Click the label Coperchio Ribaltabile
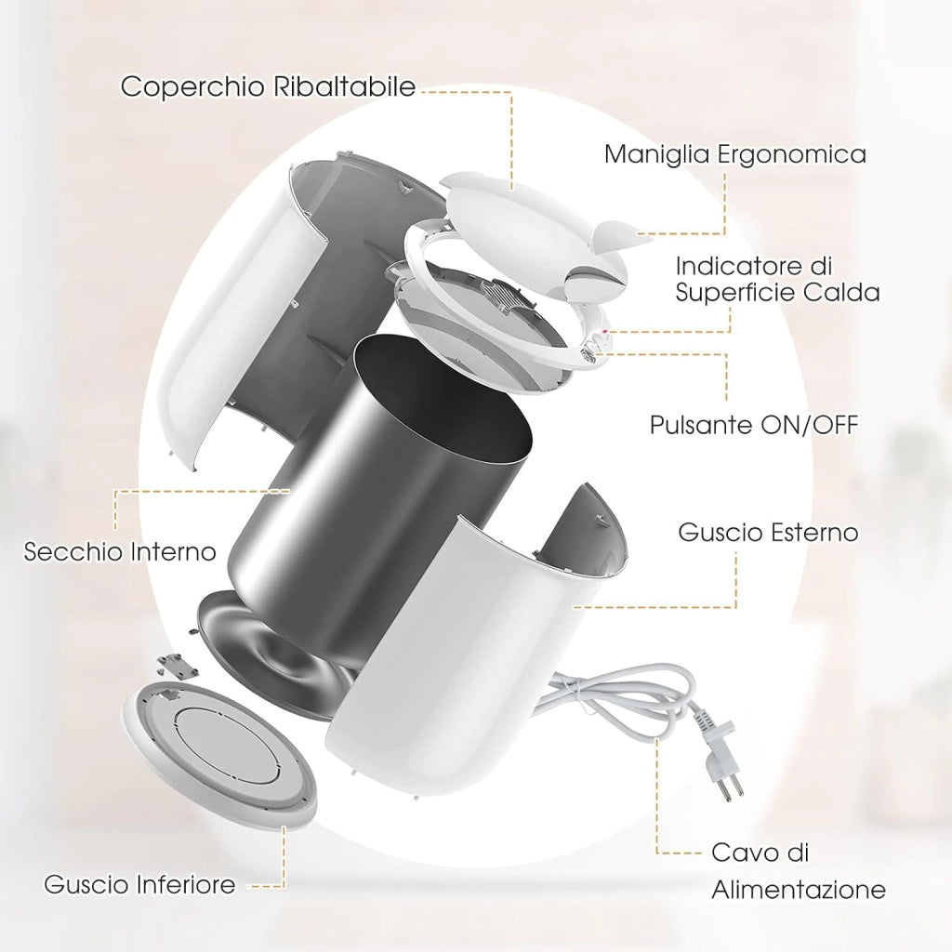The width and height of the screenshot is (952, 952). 268,86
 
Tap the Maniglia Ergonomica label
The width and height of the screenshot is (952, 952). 734,153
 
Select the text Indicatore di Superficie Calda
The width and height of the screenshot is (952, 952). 777,279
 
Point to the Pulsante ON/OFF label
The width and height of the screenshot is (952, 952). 754,424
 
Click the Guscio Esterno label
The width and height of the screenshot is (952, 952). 768,532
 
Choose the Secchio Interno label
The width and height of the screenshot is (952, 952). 120,551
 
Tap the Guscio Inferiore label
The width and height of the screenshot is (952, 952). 139,884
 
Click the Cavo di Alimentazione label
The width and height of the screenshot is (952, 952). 798,871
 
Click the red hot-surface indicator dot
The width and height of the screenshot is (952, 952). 604,332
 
